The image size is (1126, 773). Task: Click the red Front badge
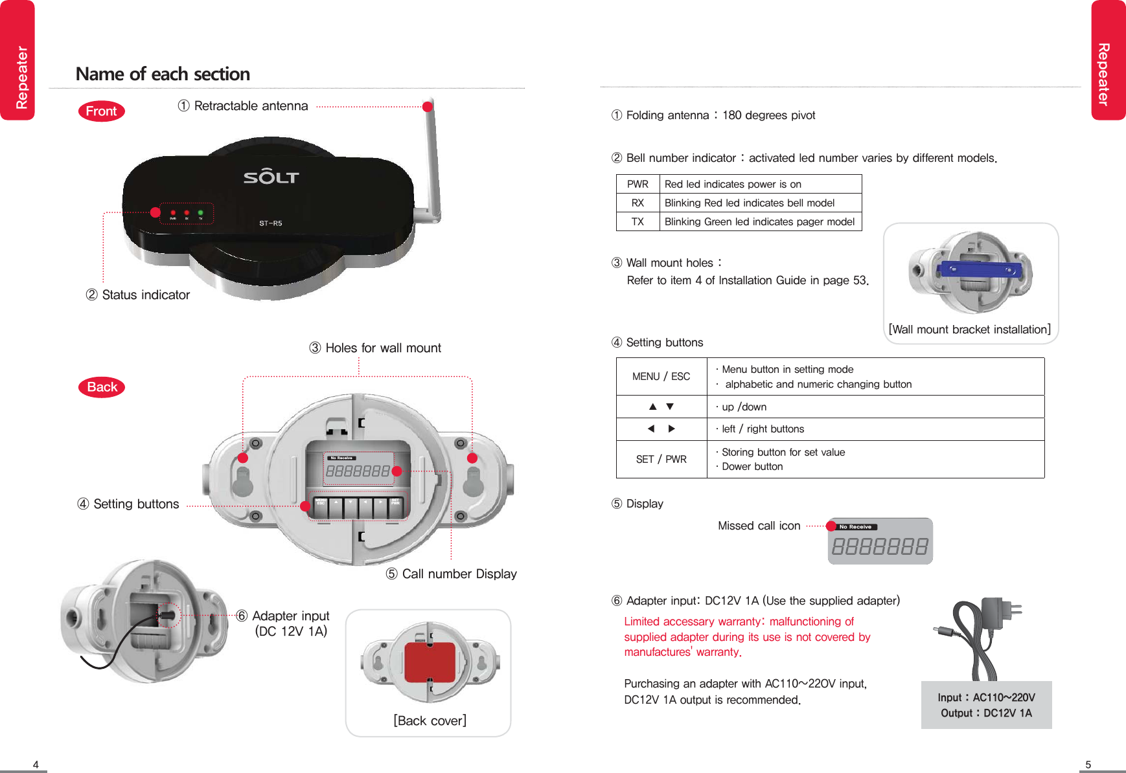[x=101, y=111]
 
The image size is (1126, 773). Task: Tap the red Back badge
[x=102, y=387]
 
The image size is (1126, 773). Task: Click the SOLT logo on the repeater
[x=271, y=176]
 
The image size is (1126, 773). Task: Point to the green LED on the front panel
[x=201, y=212]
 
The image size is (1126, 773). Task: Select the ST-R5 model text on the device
[x=271, y=223]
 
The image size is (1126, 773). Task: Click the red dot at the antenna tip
[x=427, y=107]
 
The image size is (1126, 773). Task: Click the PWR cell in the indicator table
[x=638, y=184]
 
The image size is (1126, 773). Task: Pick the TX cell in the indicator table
[x=638, y=221]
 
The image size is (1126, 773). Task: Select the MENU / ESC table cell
[x=661, y=376]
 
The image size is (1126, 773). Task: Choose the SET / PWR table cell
[x=661, y=459]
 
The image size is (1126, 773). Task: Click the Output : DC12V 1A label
[x=986, y=713]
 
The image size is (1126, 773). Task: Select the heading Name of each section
[x=163, y=74]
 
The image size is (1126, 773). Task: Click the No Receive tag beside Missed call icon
[x=856, y=527]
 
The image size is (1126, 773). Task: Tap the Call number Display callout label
[x=459, y=574]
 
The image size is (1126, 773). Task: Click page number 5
[x=1088, y=765]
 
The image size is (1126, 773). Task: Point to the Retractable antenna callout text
[x=251, y=106]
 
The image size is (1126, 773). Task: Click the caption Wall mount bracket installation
[x=970, y=330]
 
